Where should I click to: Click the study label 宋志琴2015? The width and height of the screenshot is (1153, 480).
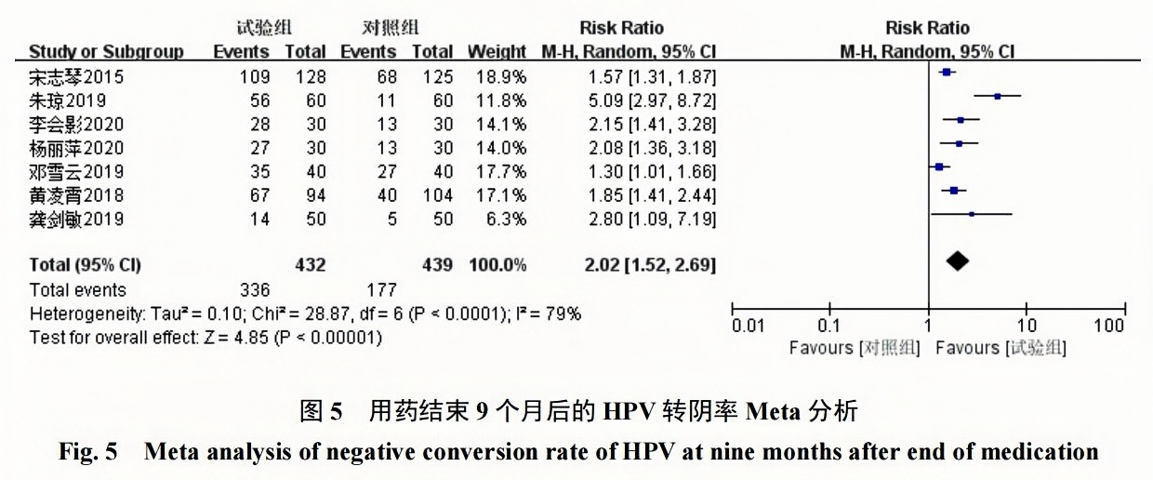[x=76, y=76]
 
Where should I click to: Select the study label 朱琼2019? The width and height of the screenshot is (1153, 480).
[x=69, y=100]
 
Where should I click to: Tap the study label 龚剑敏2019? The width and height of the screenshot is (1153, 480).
[x=76, y=220]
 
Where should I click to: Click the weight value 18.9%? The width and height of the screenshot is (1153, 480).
[x=505, y=76]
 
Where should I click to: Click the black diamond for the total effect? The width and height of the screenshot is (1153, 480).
[x=958, y=264]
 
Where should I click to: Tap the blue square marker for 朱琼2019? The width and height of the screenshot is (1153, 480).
[x=998, y=96]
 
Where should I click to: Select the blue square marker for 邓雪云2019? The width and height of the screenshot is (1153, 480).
[x=939, y=167]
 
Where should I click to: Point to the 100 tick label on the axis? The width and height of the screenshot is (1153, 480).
[x=1109, y=327]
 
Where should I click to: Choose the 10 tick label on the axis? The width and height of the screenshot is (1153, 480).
[x=1026, y=327]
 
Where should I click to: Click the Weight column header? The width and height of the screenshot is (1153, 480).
[x=497, y=52]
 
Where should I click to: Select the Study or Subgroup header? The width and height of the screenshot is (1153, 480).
[x=106, y=52]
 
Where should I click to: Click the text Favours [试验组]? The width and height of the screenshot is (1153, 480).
[x=1001, y=349]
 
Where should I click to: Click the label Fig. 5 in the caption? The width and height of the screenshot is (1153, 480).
[x=88, y=454]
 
